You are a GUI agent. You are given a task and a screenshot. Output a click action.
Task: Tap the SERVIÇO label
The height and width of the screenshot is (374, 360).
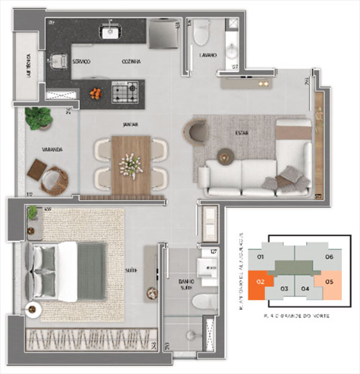pyautogui.click(x=81, y=62)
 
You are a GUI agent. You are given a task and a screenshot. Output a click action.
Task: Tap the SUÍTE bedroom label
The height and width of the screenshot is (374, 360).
pyautogui.click(x=131, y=270)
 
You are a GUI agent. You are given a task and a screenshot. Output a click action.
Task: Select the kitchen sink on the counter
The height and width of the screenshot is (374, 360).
pyautogui.click(x=111, y=31)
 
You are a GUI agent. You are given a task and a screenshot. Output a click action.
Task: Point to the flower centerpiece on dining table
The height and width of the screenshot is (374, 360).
pyautogui.click(x=130, y=165)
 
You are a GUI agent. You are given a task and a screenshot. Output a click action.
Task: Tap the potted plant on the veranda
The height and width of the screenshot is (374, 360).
pyautogui.click(x=37, y=117)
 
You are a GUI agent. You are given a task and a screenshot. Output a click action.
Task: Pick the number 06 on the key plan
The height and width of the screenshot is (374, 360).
pyautogui.click(x=329, y=257)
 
